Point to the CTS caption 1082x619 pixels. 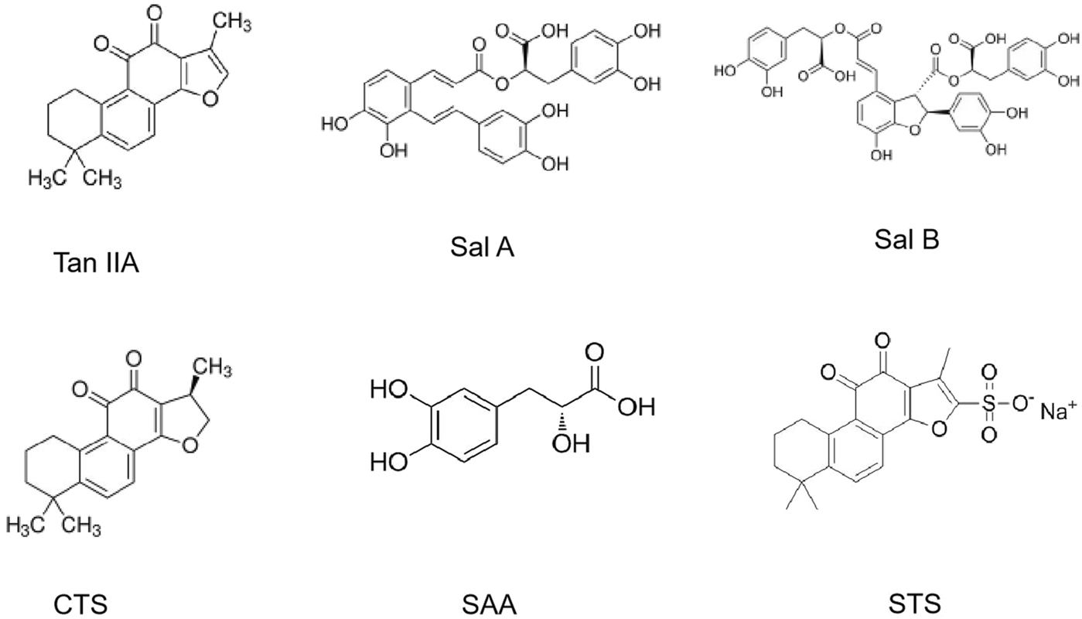click(x=81, y=603)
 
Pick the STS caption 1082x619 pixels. click(x=910, y=603)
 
